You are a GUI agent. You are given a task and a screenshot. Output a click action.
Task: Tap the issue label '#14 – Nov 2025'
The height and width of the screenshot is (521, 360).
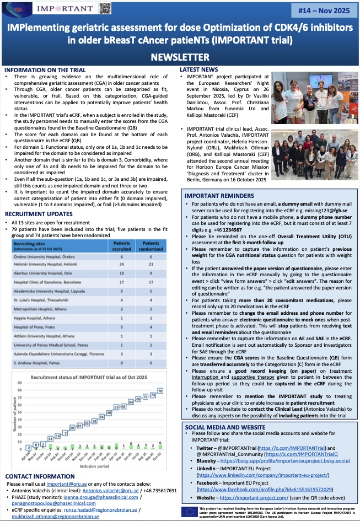click(x=323, y=9)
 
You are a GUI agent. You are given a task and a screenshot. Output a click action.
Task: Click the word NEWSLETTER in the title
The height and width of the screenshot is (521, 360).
click(x=180, y=57)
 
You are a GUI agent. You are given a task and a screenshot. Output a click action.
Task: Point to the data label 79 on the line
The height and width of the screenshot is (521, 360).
click(x=160, y=391)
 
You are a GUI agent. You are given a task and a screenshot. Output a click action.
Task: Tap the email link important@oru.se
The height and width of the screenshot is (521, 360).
click(x=67, y=484)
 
